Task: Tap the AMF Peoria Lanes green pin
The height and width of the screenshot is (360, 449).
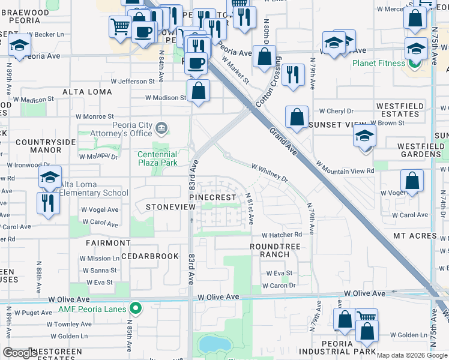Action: [x=136, y=309]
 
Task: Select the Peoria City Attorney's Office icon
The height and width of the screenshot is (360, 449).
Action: [x=161, y=128]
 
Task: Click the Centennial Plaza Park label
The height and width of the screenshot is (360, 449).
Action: [x=157, y=158]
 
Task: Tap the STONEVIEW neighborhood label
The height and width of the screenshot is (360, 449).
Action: [x=171, y=206]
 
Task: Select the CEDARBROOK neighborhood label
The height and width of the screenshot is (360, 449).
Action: [x=150, y=256]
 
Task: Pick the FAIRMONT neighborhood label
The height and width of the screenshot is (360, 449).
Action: [x=108, y=243]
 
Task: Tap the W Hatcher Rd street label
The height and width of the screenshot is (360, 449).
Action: [x=282, y=235]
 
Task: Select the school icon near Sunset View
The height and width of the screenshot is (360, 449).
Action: [x=364, y=135]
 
